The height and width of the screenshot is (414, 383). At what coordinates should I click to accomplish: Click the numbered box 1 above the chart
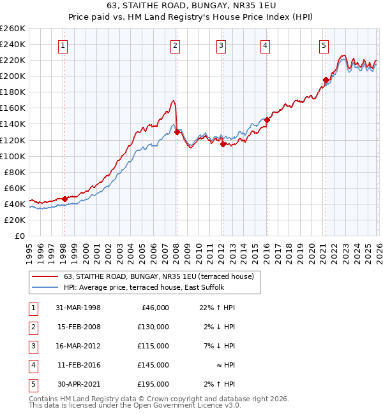click(x=64, y=45)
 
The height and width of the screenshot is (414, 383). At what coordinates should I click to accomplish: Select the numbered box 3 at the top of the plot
click(x=221, y=45)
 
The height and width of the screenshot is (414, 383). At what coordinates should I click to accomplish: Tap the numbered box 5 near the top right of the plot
click(x=324, y=45)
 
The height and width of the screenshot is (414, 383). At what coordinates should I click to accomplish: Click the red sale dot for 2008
click(x=177, y=132)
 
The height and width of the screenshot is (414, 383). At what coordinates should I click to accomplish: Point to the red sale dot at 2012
click(x=223, y=144)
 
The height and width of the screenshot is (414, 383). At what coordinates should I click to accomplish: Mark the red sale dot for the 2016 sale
click(x=267, y=120)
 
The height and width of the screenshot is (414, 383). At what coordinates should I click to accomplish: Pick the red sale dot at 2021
click(x=326, y=80)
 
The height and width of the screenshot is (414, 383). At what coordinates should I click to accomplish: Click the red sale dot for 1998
click(x=64, y=199)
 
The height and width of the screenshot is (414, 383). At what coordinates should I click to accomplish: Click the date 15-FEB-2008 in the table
click(x=78, y=327)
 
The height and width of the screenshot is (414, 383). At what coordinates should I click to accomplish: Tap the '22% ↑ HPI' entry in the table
click(x=217, y=308)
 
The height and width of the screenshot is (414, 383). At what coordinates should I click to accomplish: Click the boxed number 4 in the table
click(x=32, y=365)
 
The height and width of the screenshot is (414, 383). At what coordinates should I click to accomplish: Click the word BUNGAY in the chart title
click(x=200, y=8)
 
